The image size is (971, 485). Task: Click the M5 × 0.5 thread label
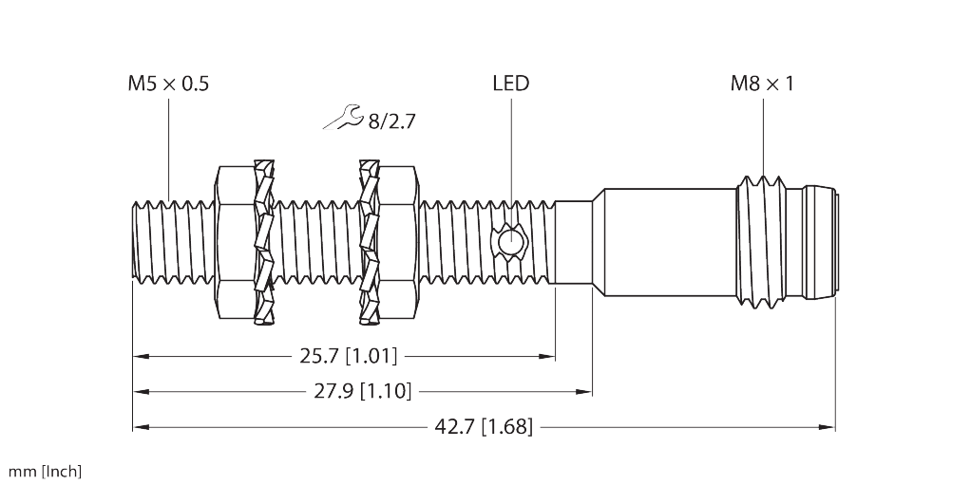click(168, 84)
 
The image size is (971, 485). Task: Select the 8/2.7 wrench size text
click(391, 121)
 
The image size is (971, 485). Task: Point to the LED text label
click(510, 84)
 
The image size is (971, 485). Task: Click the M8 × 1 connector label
click(762, 84)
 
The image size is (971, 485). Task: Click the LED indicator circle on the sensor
click(511, 242)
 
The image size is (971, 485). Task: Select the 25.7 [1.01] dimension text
click(348, 357)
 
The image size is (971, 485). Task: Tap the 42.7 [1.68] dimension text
click(483, 427)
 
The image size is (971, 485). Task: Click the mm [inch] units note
click(45, 472)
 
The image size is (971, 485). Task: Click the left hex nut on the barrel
click(234, 242)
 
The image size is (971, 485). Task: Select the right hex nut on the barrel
click(398, 242)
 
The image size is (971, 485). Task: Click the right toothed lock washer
click(369, 242)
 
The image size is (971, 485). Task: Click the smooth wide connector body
click(665, 242)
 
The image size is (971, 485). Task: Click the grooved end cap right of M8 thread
click(817, 242)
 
